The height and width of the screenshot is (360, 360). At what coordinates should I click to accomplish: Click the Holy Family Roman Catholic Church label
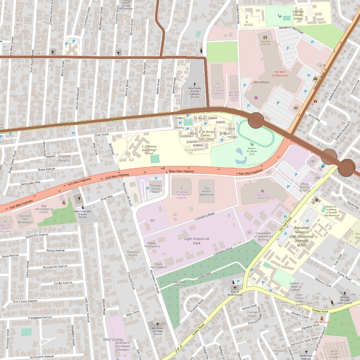coord(194,92)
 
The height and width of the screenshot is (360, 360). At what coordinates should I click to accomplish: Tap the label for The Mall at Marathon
coord(281,73)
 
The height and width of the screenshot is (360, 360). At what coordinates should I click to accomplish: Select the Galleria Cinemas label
coord(265,43)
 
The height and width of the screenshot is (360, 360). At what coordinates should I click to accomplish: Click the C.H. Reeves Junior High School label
coord(149,150)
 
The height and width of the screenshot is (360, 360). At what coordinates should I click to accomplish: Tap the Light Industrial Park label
coord(197,241)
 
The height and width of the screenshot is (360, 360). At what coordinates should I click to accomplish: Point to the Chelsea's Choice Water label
coord(156,188)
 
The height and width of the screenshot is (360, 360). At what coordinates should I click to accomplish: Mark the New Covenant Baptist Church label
coord(83,214)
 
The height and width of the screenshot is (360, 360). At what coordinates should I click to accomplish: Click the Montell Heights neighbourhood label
coord(64,158)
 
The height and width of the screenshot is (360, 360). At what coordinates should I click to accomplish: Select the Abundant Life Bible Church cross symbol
coord(157,324)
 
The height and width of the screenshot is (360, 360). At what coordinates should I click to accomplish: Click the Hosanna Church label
coord(133,253)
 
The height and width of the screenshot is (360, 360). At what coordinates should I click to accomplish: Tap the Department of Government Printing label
coord(263,236)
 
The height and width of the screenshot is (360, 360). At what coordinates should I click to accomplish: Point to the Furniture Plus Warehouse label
coord(25,219)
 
